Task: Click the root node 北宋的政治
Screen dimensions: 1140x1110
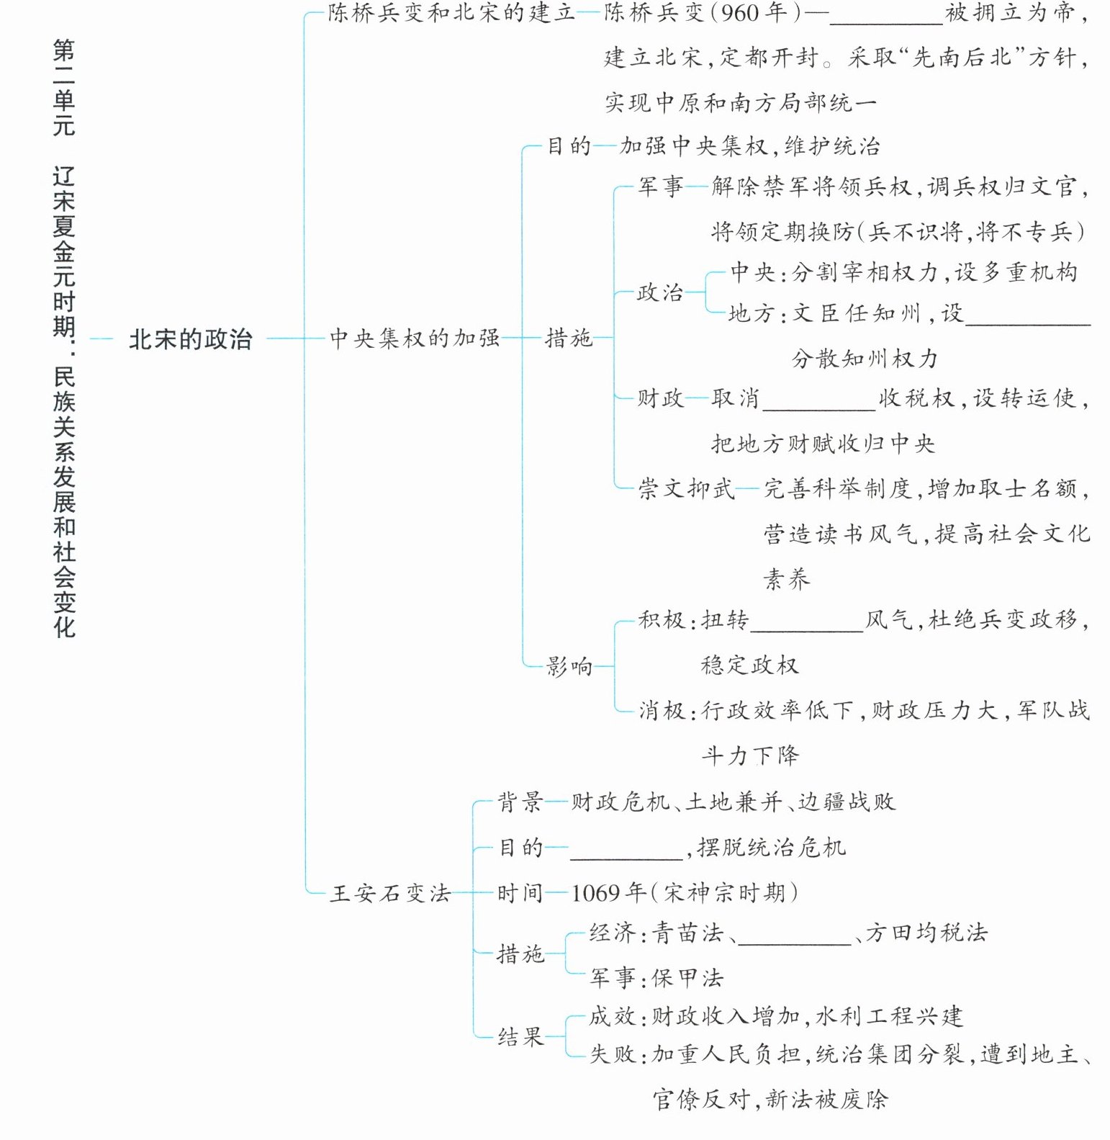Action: pyautogui.click(x=190, y=338)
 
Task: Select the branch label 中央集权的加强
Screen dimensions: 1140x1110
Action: pyautogui.click(x=415, y=337)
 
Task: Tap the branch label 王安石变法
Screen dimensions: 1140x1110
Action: pyautogui.click(x=390, y=893)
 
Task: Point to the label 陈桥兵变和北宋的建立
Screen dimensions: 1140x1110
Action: pyautogui.click(x=451, y=13)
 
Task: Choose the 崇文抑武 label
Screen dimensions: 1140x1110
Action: pyautogui.click(x=686, y=489)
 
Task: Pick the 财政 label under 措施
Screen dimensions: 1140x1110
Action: pyautogui.click(x=660, y=398)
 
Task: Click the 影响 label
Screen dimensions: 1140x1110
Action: pyautogui.click(x=569, y=666)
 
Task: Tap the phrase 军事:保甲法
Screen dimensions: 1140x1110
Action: pyautogui.click(x=656, y=977)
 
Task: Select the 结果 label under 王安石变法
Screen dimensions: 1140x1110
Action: pyautogui.click(x=520, y=1037)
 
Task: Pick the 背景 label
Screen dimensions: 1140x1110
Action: pyautogui.click(x=520, y=802)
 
